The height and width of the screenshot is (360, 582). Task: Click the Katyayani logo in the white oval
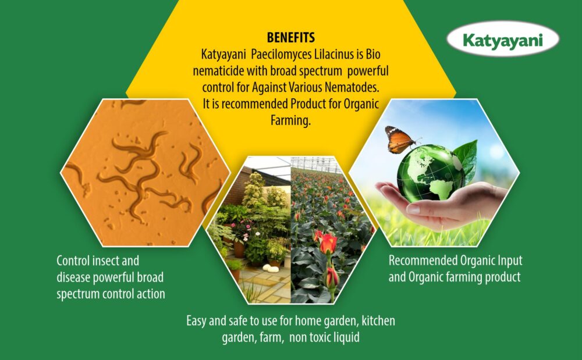tap(503, 39)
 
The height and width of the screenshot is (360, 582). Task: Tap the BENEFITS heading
tap(291, 37)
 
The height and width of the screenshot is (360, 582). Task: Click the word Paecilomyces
tap(282, 54)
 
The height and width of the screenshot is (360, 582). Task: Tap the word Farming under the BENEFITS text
tap(290, 120)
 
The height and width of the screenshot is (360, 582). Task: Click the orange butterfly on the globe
tap(400, 140)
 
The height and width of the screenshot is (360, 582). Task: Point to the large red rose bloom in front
tap(328, 243)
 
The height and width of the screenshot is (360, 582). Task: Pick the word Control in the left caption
tap(73, 261)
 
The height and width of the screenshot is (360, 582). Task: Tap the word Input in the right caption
tap(510, 261)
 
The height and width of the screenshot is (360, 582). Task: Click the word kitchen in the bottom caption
tap(379, 320)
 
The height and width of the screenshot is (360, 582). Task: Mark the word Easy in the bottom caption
tap(196, 321)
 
